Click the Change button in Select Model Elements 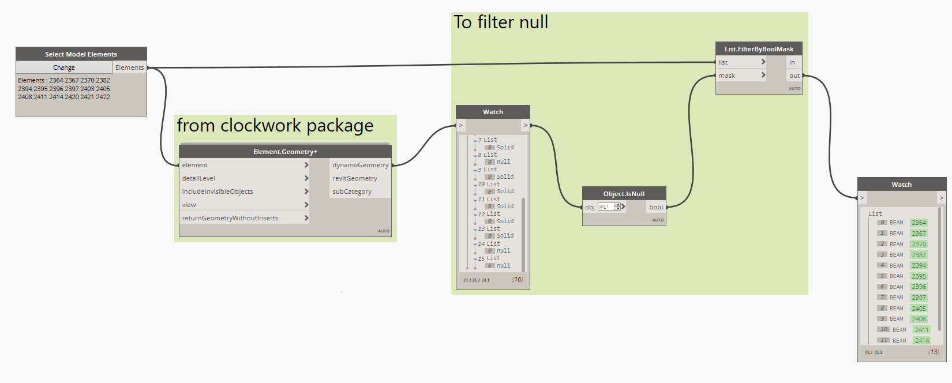click(x=63, y=67)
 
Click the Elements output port click(x=129, y=67)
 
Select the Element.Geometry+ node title click(x=285, y=152)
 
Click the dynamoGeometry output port click(x=360, y=165)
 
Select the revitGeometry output click(x=354, y=178)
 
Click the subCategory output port click(x=351, y=191)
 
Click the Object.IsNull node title click(x=624, y=194)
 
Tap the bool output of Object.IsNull click(x=656, y=207)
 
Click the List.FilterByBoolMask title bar click(x=759, y=49)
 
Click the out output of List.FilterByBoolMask click(x=794, y=76)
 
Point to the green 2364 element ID click(x=919, y=223)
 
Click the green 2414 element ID click(x=921, y=340)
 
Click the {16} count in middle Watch click(x=518, y=280)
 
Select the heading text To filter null click(x=501, y=22)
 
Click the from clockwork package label click(x=275, y=126)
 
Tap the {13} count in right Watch click(x=934, y=352)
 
